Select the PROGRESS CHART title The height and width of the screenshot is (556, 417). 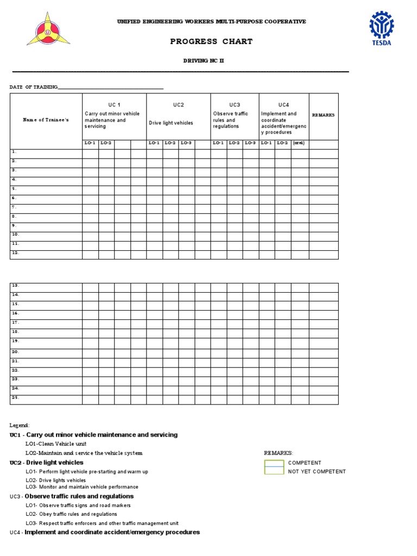click(x=211, y=41)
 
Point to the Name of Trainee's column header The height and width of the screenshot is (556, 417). click(x=46, y=119)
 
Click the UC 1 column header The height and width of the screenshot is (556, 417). click(x=114, y=104)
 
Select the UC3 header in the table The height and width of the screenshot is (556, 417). click(x=235, y=105)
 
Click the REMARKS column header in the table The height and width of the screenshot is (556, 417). click(x=323, y=115)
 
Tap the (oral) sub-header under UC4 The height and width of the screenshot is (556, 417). click(x=299, y=143)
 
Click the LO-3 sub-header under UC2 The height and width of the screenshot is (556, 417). click(x=186, y=143)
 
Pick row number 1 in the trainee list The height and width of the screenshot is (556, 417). click(x=15, y=152)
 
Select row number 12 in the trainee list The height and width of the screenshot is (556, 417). click(x=16, y=253)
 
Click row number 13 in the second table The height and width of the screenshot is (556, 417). click(x=16, y=285)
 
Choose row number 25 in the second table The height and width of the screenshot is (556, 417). click(x=16, y=397)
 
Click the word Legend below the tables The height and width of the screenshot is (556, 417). click(x=20, y=425)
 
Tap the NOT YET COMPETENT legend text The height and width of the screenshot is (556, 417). click(x=317, y=471)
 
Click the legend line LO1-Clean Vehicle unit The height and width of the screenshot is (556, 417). click(x=56, y=444)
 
